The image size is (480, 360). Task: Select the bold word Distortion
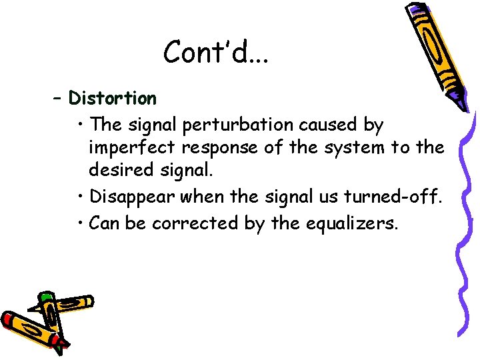[x=113, y=99]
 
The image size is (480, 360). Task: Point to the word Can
[x=103, y=223]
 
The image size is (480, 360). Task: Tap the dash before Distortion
[x=58, y=99]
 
